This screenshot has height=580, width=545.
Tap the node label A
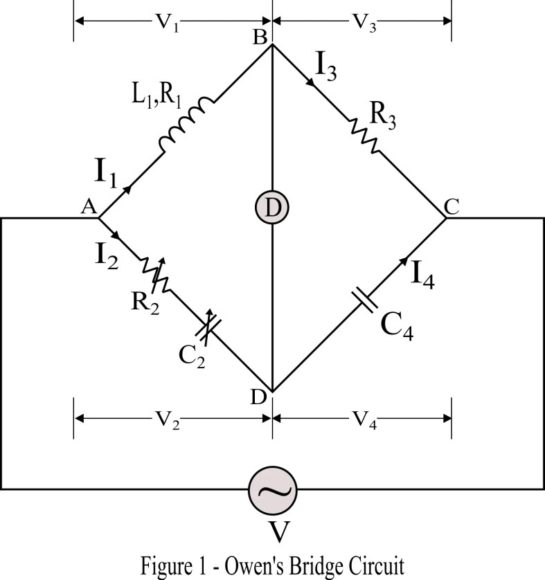[89, 206]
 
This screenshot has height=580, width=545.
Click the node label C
[451, 205]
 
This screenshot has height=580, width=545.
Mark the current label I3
[326, 66]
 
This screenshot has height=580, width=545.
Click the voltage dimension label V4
[364, 420]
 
